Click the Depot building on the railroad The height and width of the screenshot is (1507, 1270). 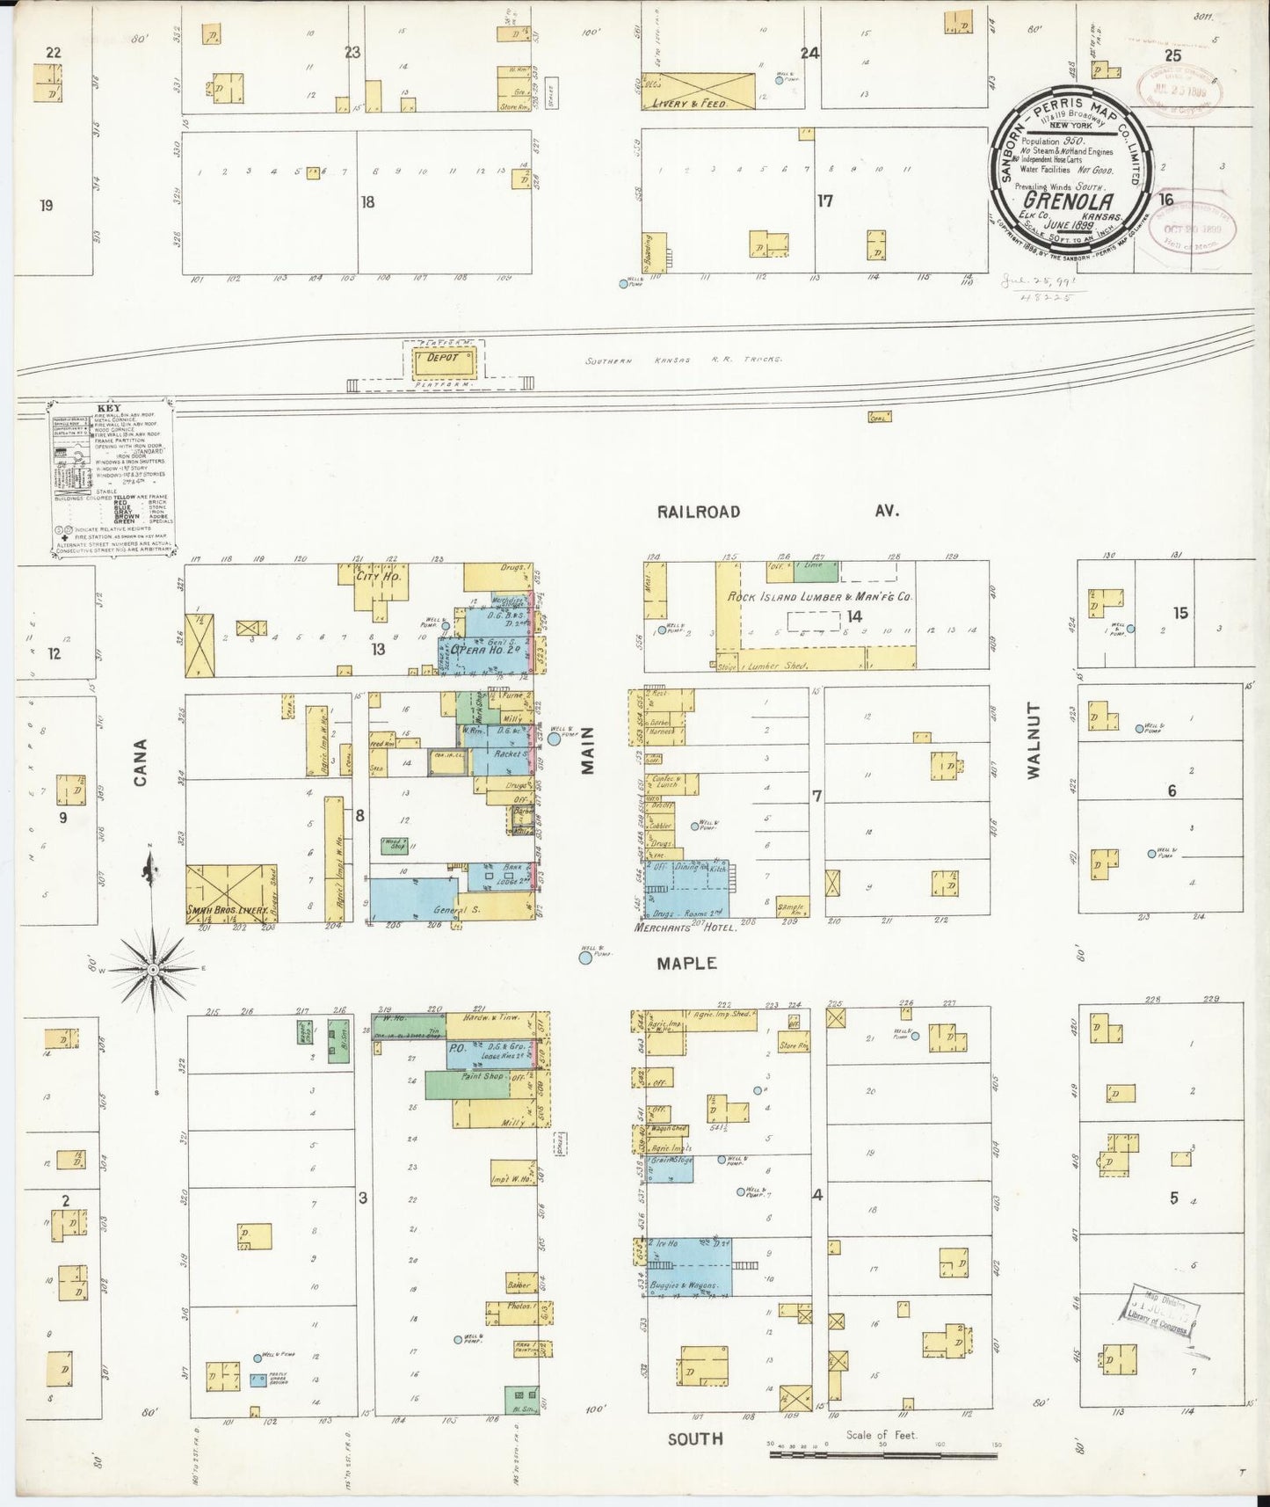[x=444, y=360]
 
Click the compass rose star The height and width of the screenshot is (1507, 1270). [x=153, y=968]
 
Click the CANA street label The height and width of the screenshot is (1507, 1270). [x=141, y=761]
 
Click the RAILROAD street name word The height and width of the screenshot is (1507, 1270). [x=698, y=512]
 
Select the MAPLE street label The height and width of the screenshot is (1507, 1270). [x=686, y=964]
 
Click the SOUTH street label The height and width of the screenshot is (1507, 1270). [x=695, y=1439]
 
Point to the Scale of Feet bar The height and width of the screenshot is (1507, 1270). [x=882, y=1455]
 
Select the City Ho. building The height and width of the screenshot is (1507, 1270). [x=379, y=578]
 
